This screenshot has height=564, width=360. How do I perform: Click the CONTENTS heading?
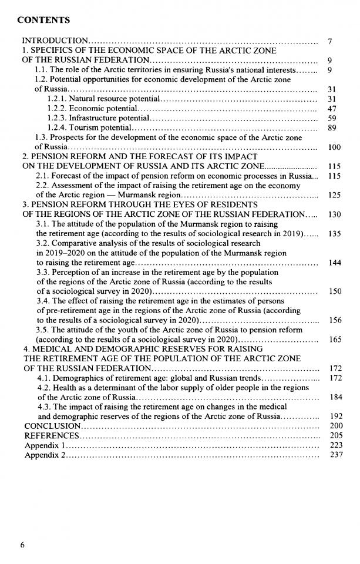coord(43,20)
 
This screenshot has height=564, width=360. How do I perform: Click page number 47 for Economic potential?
coord(332,109)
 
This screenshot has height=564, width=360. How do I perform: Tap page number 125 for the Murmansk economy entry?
coord(334,194)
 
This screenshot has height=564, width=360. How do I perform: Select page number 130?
coord(334,214)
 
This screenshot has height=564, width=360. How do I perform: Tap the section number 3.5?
coord(42,330)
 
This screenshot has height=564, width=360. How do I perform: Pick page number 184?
coord(334,397)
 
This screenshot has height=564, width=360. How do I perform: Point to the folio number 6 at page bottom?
coord(23,545)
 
